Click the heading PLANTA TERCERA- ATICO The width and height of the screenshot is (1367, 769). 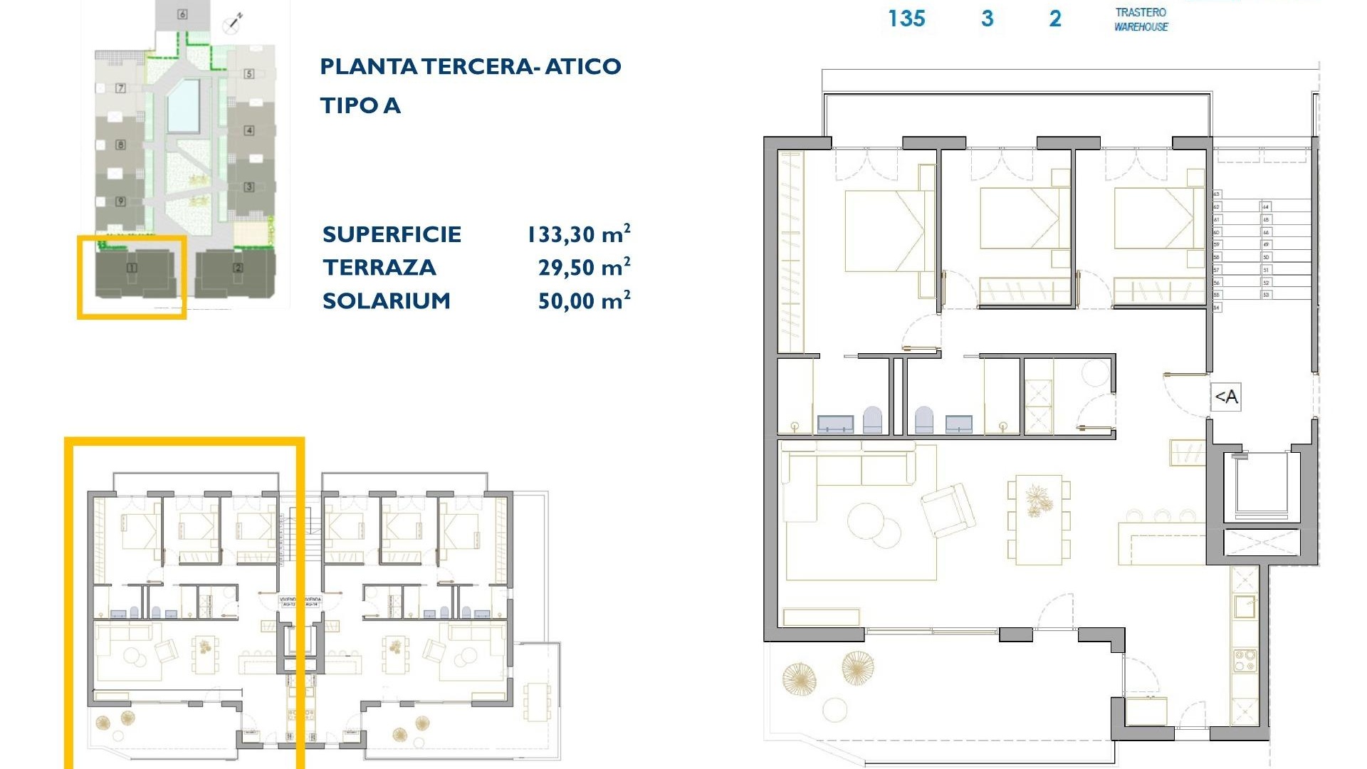(470, 67)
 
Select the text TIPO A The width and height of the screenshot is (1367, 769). (360, 106)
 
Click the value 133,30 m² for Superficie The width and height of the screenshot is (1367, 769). (578, 234)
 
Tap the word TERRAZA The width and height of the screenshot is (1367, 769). (379, 268)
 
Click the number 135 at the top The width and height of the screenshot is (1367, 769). (906, 19)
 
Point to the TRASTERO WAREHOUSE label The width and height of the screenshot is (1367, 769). (1141, 19)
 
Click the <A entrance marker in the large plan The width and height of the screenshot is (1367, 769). (1226, 397)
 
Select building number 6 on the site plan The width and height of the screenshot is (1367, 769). (183, 14)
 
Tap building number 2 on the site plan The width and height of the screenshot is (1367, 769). (238, 268)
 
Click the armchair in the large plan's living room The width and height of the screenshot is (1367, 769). (947, 510)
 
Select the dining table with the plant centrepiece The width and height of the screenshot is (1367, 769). (1038, 518)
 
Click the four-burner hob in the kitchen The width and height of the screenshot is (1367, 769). (1245, 660)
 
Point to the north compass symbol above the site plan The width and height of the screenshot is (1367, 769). (234, 23)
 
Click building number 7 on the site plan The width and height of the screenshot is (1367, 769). (120, 88)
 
